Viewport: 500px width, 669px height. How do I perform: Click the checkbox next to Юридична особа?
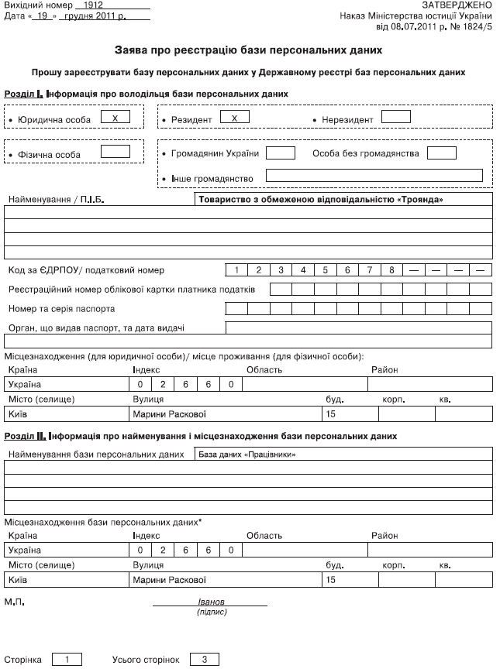click(115, 118)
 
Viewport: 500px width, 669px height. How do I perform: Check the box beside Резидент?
click(234, 118)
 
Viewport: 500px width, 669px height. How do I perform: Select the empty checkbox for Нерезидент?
click(396, 118)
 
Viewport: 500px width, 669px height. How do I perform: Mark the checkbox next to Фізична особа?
click(115, 153)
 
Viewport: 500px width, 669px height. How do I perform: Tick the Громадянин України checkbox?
click(281, 153)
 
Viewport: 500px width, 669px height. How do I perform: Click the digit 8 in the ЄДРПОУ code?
click(392, 270)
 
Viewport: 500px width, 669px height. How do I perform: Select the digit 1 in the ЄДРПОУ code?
click(236, 270)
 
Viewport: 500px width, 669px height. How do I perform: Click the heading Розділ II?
click(26, 436)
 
